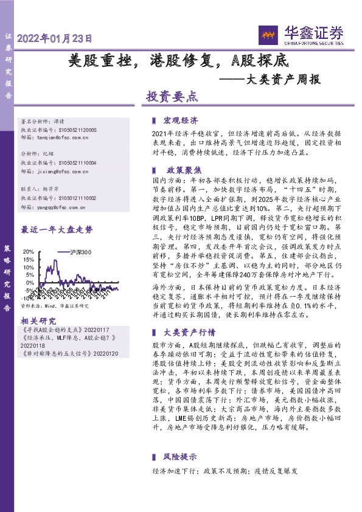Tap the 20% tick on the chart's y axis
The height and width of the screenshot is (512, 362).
28,252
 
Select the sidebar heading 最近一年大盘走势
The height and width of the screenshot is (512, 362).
57,230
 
